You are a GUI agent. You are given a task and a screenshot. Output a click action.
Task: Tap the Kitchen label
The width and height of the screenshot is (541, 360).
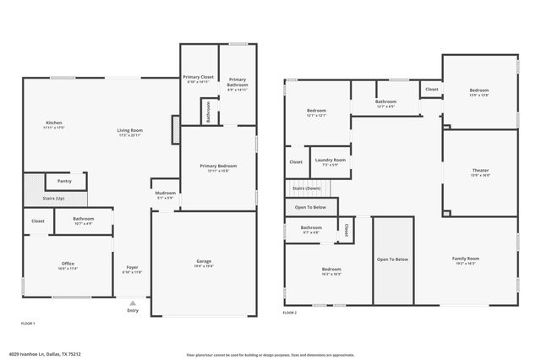pos(54,123)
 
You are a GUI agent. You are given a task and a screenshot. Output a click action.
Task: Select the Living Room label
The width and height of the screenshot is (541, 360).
pos(129,130)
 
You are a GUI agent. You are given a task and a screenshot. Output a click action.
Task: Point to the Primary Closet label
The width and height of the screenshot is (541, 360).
pos(199,78)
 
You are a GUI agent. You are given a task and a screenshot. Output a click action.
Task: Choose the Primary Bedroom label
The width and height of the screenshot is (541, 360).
pos(217,166)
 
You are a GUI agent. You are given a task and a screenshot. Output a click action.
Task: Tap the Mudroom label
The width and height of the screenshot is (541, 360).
pos(165,194)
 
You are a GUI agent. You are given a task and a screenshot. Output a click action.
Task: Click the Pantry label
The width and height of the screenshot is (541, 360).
pos(64,181)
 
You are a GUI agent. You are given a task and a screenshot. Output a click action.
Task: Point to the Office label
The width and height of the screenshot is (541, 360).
pos(68,264)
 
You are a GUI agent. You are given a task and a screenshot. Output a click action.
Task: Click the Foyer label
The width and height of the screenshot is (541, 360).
pos(132,268)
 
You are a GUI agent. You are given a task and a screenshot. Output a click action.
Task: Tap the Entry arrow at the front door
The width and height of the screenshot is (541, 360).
pos(132,302)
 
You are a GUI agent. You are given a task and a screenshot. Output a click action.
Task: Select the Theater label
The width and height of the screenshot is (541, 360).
pos(480,171)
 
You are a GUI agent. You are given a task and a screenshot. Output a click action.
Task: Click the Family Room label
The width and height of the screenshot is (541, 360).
pos(465,259)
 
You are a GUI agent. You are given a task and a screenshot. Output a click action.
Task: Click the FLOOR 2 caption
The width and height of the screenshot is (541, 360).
pos(291,312)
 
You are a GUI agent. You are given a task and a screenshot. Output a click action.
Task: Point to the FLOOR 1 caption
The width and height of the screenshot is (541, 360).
pos(28,323)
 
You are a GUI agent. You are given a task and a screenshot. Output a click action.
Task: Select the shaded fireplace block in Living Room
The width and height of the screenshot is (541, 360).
pos(176,129)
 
